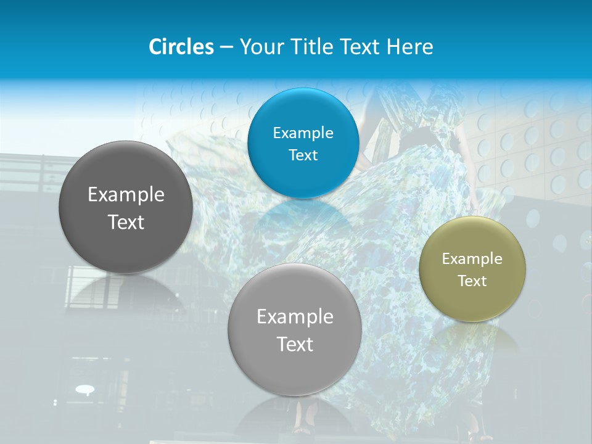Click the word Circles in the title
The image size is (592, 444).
[x=181, y=47]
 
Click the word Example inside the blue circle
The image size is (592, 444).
[x=303, y=133]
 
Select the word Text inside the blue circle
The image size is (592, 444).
[x=303, y=155]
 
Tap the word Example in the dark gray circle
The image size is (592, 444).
[x=126, y=195]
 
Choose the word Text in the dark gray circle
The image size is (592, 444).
[x=126, y=222]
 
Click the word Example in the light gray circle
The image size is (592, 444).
[x=295, y=317]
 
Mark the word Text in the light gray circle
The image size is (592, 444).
[x=295, y=344]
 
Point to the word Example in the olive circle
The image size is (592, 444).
[x=472, y=259]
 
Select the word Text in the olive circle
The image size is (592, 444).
[x=472, y=281]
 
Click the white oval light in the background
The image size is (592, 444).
[x=84, y=389]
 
